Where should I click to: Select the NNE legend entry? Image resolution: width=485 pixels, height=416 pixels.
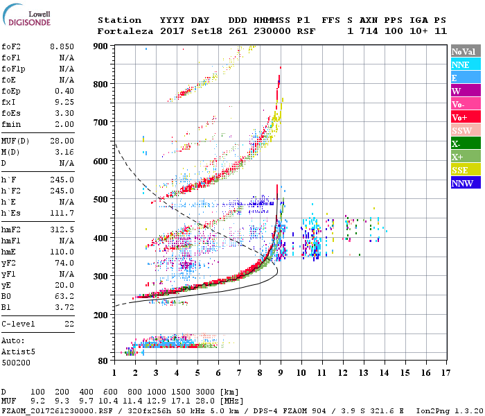461,64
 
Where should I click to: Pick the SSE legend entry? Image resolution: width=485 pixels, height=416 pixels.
461,170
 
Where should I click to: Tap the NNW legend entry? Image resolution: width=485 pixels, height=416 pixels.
461,183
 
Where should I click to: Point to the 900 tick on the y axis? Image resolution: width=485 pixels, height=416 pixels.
102,46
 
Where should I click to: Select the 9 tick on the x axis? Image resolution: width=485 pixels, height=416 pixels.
281,372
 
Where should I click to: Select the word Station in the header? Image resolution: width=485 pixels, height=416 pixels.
119,20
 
